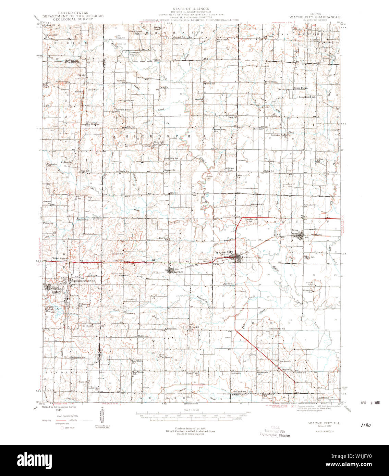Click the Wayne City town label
(x=223, y=252)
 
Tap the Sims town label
(x=295, y=231)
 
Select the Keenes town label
(x=178, y=272)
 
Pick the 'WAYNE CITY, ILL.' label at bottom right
(x=317, y=423)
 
